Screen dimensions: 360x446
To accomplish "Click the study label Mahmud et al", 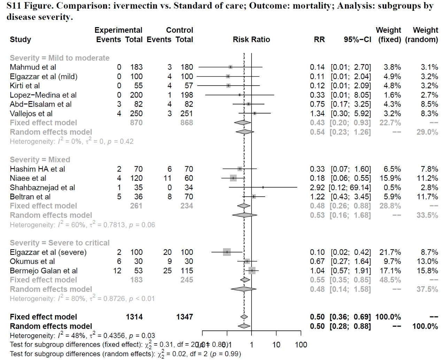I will (x=33, y=67).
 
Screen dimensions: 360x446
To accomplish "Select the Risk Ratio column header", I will (x=251, y=40).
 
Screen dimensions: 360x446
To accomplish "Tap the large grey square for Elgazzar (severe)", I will (x=227, y=252).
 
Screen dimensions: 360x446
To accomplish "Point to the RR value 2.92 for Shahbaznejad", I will (x=317, y=188).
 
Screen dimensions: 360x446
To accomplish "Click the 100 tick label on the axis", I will (x=301, y=345).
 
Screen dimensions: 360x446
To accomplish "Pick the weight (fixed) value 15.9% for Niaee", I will (x=392, y=178).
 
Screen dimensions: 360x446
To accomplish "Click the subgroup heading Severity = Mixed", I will (x=40, y=160).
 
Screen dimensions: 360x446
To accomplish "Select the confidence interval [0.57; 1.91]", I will (x=351, y=271).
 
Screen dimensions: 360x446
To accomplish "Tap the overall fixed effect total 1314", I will (x=134, y=317).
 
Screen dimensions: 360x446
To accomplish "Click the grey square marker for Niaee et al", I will (x=233, y=178).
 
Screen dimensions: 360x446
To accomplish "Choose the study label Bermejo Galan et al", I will (x=44, y=271).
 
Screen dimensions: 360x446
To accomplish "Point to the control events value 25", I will (x=167, y=271).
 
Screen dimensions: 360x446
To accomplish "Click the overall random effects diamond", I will (x=244, y=326).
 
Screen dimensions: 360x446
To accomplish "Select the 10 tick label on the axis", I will (x=276, y=345).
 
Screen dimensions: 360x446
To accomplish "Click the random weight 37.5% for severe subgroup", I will (x=427, y=289).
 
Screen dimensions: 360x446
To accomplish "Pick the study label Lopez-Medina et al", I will (x=43, y=95).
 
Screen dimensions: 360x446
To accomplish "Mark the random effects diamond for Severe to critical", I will (x=244, y=289).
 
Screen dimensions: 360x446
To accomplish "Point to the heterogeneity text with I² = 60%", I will (x=82, y=225).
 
